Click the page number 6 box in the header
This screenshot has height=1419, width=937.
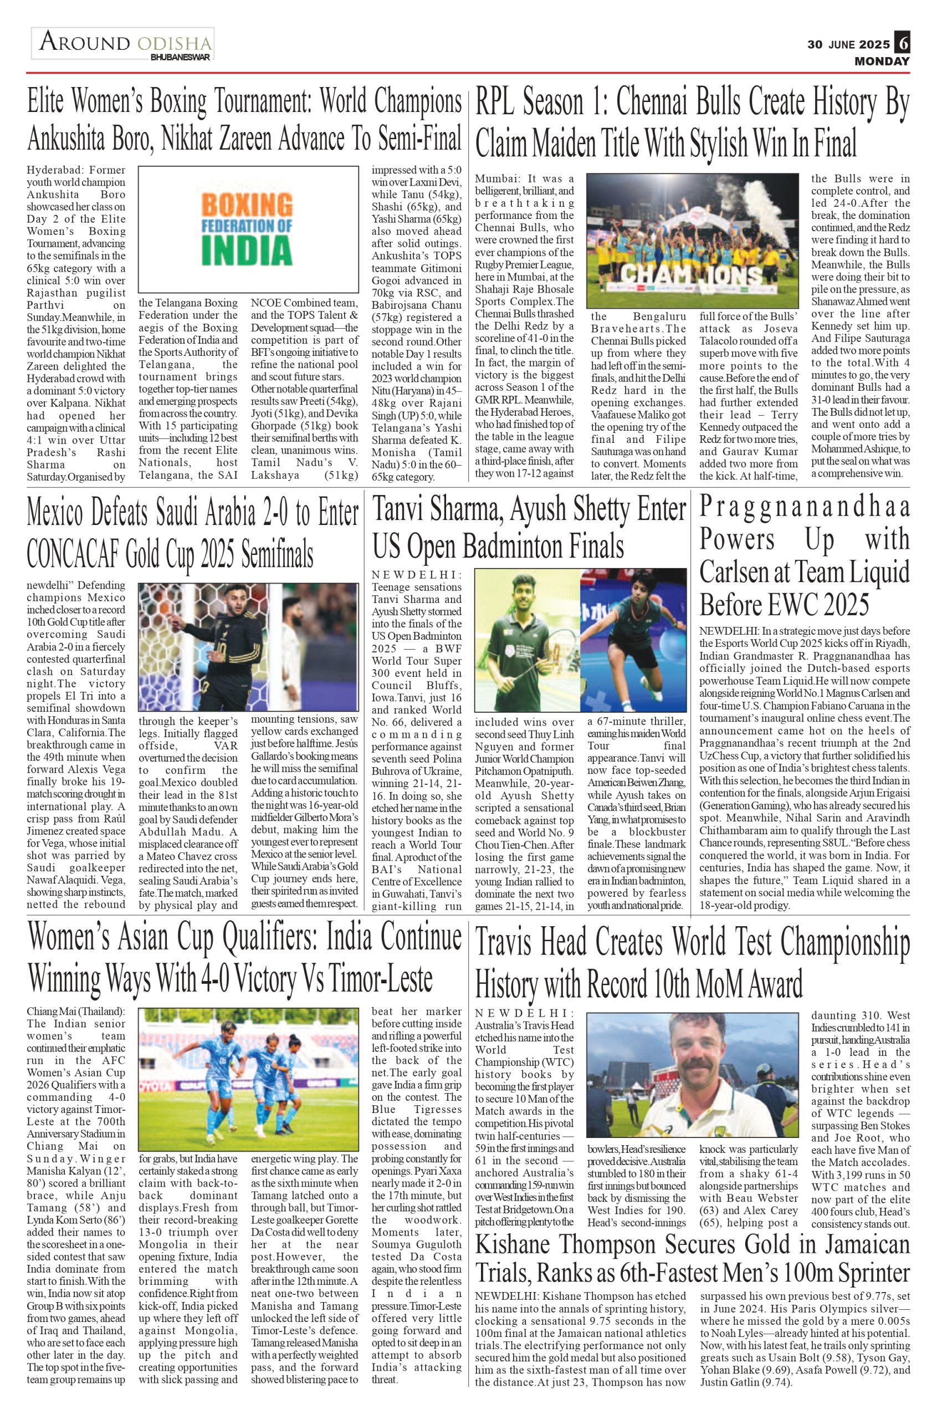click(902, 45)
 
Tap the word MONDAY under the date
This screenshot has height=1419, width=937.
click(882, 61)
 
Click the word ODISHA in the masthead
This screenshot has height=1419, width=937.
click(174, 44)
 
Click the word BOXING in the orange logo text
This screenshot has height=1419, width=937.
click(246, 206)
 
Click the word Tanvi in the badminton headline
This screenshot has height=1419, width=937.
click(401, 511)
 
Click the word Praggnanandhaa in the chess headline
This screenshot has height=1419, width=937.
click(805, 507)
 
